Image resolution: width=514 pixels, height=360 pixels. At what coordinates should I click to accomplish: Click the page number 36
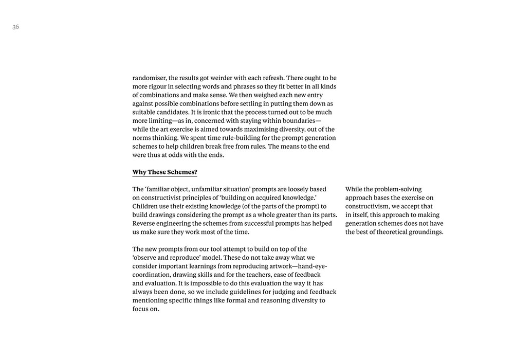(15, 27)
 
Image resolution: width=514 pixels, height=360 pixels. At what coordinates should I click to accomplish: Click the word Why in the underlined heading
(139, 172)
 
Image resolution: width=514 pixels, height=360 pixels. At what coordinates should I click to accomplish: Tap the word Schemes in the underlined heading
(182, 172)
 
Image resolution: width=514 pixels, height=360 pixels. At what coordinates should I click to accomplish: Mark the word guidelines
(243, 292)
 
